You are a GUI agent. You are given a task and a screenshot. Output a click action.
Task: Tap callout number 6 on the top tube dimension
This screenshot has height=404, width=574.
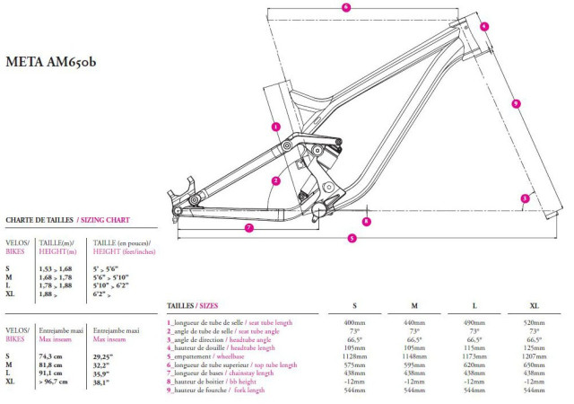click(x=346, y=7)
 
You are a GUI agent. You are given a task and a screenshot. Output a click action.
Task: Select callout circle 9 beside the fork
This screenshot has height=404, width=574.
click(x=516, y=104)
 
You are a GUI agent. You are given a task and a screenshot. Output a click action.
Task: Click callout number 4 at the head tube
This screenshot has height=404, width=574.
click(x=483, y=27)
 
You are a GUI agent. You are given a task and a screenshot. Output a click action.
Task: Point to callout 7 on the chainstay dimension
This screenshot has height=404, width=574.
click(x=248, y=228)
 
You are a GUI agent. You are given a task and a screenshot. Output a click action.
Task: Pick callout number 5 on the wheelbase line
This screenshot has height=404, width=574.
click(x=352, y=238)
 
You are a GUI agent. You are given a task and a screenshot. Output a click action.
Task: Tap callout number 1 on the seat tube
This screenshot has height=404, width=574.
click(x=275, y=127)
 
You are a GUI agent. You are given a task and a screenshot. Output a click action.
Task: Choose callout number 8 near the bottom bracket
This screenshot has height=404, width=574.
click(x=366, y=220)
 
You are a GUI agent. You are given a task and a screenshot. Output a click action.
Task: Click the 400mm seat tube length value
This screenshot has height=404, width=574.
click(x=353, y=322)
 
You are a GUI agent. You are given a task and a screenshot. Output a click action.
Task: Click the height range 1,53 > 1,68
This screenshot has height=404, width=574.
click(x=57, y=268)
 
